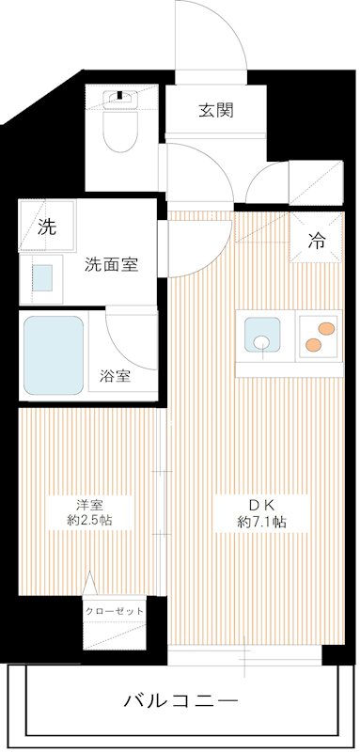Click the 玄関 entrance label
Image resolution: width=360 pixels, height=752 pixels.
[x=215, y=110]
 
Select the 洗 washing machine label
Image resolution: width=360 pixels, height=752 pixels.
[x=45, y=226]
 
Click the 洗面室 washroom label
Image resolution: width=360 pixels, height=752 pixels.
[x=111, y=264]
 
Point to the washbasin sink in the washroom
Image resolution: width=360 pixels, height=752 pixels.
[x=42, y=277]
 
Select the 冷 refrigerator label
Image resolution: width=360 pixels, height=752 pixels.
[x=317, y=240]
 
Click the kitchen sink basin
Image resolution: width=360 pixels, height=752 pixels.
[x=260, y=336]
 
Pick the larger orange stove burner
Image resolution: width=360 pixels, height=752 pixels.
[x=326, y=329]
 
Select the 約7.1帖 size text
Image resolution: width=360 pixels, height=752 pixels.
[x=260, y=522]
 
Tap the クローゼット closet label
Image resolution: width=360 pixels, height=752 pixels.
[x=115, y=610]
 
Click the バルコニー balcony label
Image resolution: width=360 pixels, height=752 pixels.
[x=180, y=700]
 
